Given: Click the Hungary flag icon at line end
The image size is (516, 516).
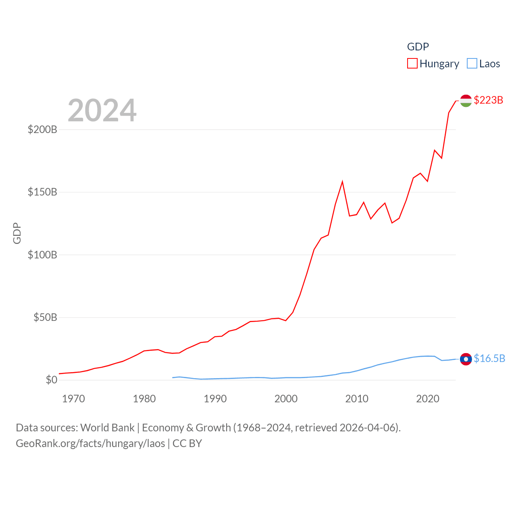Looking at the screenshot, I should (466, 100).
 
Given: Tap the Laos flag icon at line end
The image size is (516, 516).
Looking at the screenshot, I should (466, 359).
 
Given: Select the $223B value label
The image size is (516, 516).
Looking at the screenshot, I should (488, 100).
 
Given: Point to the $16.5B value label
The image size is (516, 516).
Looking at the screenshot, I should (489, 358).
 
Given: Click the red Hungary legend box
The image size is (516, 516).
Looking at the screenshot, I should (412, 64).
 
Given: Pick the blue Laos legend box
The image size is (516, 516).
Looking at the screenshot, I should (472, 64).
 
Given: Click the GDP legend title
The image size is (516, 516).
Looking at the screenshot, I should (418, 47).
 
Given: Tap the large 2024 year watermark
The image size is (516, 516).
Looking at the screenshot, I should (102, 110).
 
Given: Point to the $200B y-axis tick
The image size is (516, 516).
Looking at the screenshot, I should (42, 129).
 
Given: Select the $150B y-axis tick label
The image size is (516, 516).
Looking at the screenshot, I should (42, 192).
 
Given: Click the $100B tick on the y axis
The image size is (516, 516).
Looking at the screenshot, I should (42, 255).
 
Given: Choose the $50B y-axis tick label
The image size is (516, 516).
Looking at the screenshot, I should (45, 317).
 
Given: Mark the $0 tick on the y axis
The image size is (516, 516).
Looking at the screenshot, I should (52, 380).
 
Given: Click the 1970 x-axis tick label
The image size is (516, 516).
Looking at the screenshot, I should (73, 399).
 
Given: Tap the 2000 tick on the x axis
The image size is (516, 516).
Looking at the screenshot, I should (286, 399).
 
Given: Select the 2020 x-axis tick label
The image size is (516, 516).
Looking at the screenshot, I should (427, 399).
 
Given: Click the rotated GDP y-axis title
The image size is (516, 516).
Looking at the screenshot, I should (17, 233).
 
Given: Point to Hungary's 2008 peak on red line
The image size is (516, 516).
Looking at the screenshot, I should (342, 182).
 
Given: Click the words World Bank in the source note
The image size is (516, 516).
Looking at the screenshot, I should (107, 427).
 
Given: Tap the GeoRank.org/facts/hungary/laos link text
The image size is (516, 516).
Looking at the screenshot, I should (90, 443).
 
